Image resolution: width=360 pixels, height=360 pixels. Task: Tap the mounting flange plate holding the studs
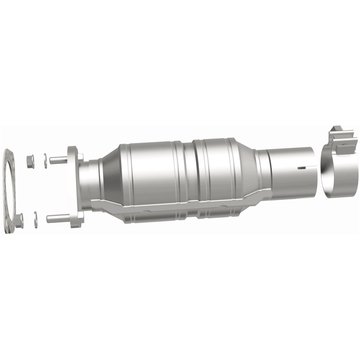click(x=76, y=189)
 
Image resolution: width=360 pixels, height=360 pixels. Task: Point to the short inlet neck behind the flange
click(x=90, y=180)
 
